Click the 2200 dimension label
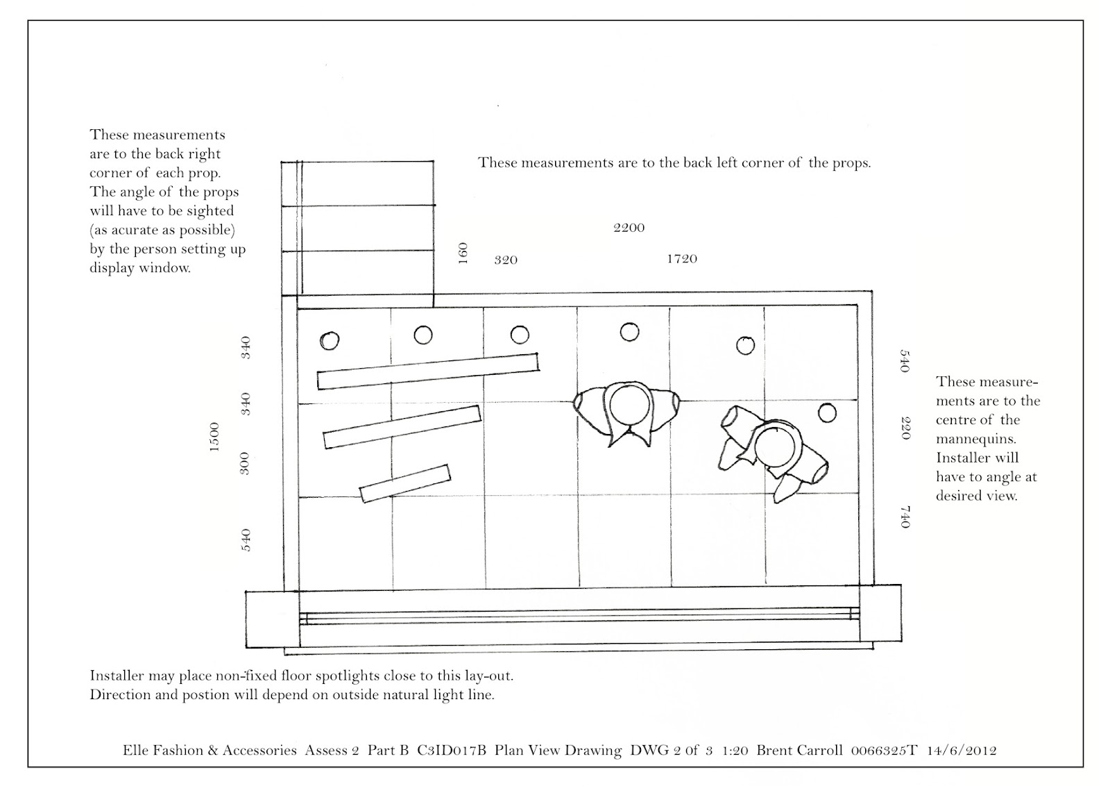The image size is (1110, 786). click(x=629, y=228)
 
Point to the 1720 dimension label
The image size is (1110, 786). click(x=681, y=259)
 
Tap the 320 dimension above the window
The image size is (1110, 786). click(x=506, y=260)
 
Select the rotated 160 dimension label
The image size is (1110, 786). click(x=463, y=252)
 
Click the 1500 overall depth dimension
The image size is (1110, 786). click(x=214, y=437)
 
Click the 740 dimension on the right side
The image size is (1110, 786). click(x=905, y=517)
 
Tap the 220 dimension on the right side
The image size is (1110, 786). click(x=905, y=427)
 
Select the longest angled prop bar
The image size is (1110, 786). click(x=427, y=371)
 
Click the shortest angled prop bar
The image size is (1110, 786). click(x=405, y=483)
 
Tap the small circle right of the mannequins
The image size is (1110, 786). click(x=826, y=413)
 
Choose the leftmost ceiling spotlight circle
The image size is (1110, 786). click(x=330, y=341)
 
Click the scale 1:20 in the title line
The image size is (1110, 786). click(x=734, y=751)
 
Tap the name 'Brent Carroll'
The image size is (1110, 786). click(x=799, y=751)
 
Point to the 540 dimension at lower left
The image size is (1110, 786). click(x=245, y=540)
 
